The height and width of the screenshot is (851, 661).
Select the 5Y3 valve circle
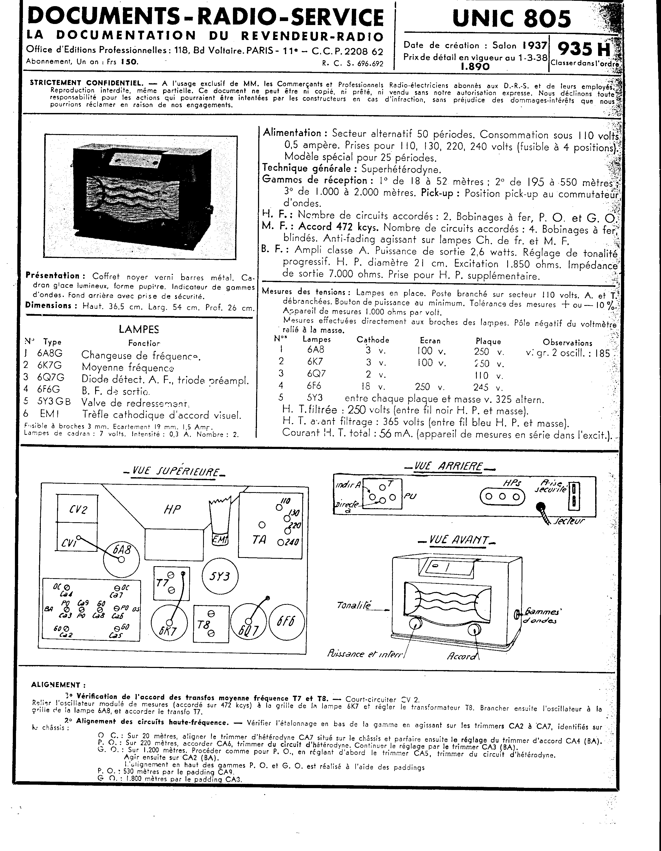click(x=221, y=576)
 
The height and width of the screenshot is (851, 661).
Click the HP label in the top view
click(x=172, y=509)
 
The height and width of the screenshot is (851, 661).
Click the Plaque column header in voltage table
click(x=488, y=341)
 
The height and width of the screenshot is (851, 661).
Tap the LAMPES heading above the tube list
click(x=139, y=329)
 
